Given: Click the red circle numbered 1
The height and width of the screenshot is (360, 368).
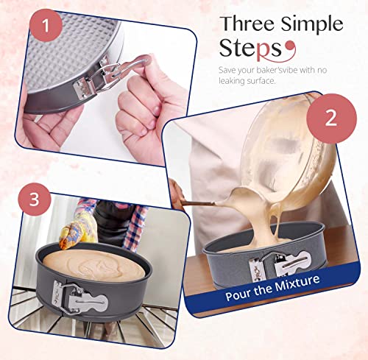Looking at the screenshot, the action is point(46,25).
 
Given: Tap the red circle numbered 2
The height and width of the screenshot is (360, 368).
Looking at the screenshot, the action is point(331,119).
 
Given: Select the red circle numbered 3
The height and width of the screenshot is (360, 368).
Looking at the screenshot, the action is point(34,199).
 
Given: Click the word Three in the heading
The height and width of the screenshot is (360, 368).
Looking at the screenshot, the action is point(248,24).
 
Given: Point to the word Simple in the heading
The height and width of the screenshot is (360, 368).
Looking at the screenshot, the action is point(312,25).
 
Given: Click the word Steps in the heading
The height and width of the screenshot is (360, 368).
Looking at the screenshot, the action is point(250,49).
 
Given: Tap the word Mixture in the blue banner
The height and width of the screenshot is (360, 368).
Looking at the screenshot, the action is point(297,283).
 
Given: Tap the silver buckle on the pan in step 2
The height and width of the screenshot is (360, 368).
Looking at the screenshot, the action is point(280,265).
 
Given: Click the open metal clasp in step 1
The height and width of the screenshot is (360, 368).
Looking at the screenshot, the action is point(108,74).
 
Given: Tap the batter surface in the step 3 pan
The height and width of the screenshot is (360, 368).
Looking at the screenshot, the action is point(93,264).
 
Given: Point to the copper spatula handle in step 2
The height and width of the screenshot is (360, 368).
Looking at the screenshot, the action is point(197,203).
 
